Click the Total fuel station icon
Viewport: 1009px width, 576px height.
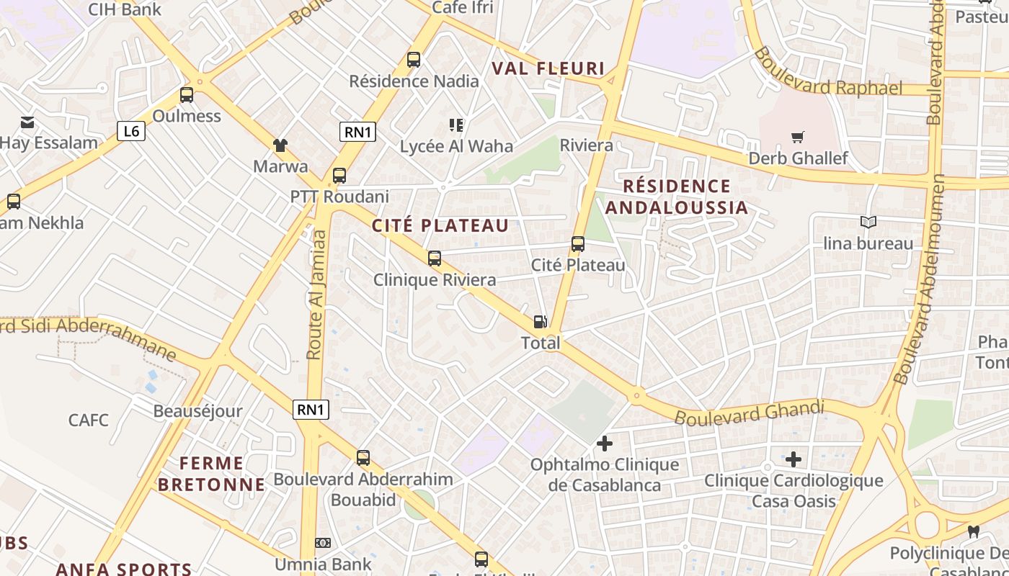[x=540, y=322]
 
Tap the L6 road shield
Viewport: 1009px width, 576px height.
[x=131, y=131]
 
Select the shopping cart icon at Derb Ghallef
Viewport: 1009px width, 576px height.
[x=797, y=137]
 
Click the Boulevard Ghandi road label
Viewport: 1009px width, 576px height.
[x=749, y=413]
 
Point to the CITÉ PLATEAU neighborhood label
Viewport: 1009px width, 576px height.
[x=440, y=225]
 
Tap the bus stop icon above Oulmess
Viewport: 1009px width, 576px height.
[x=187, y=94]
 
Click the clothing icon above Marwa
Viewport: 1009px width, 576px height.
[x=280, y=145]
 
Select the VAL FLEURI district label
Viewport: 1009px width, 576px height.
[x=548, y=68]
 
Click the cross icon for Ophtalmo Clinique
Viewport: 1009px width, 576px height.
[x=605, y=444]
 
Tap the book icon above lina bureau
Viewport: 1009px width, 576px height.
[x=868, y=222]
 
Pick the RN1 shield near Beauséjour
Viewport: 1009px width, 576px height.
[x=311, y=410]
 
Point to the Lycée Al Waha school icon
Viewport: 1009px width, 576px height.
[x=455, y=125]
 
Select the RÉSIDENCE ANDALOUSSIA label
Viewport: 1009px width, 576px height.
[x=676, y=197]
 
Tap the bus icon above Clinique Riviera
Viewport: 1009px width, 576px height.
[x=434, y=258]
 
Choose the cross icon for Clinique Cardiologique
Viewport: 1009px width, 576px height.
[x=794, y=459]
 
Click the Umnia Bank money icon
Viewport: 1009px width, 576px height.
[x=323, y=543]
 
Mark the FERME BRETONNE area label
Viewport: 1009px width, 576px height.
[x=211, y=474]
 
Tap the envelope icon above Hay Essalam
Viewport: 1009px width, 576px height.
[x=27, y=122]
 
